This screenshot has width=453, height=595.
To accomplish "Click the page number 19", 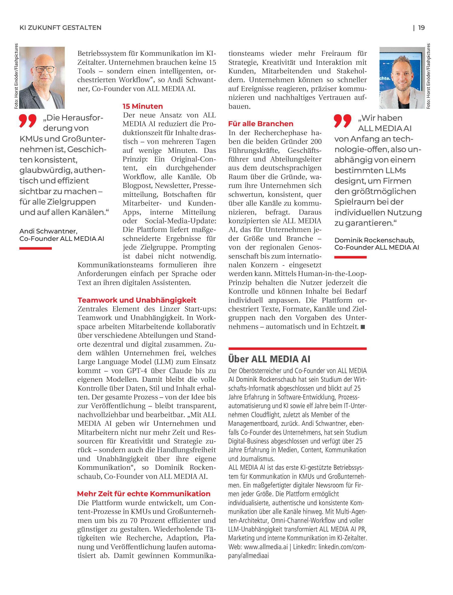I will [421, 28].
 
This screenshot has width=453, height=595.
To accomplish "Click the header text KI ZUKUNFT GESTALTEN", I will [61, 28].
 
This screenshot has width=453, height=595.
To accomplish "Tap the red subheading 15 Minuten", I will [143, 106].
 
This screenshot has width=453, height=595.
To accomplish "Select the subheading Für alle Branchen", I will [260, 124].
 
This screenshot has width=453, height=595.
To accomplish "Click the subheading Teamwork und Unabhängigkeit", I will [137, 300].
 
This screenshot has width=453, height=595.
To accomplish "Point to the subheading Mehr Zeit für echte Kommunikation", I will [143, 494].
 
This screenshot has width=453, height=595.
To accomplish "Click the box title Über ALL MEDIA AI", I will [269, 359].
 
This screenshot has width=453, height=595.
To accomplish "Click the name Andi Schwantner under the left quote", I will [48, 231].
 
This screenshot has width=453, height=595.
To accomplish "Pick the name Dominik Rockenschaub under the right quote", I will [374, 240].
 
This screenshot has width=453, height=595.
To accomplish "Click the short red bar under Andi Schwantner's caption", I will [35, 248].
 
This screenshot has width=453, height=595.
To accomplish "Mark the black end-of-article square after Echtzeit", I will [363, 327].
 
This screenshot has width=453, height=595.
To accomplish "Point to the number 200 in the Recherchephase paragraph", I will [316, 142].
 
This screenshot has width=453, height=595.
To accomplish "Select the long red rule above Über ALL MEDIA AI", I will [297, 348].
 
